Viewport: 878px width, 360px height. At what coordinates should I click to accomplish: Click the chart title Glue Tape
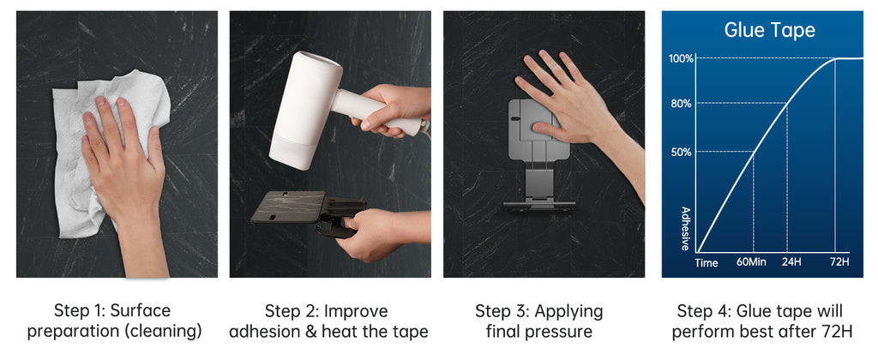point(769,30)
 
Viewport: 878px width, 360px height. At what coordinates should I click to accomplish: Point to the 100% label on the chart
point(681,58)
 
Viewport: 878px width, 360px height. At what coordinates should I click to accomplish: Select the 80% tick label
point(681,103)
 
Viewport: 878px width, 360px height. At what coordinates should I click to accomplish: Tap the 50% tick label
point(681,152)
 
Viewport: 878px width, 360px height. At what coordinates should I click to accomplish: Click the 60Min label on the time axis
point(751,261)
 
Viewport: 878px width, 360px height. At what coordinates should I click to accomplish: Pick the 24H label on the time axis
point(790,261)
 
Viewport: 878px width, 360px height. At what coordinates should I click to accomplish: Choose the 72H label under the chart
point(840,261)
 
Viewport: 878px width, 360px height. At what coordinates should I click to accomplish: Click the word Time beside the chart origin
point(707,262)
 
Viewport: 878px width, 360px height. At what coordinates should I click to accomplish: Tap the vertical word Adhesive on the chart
point(685,229)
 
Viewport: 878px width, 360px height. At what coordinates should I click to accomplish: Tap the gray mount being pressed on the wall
point(538,154)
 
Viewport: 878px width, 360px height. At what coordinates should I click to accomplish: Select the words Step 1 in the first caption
point(76,311)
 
